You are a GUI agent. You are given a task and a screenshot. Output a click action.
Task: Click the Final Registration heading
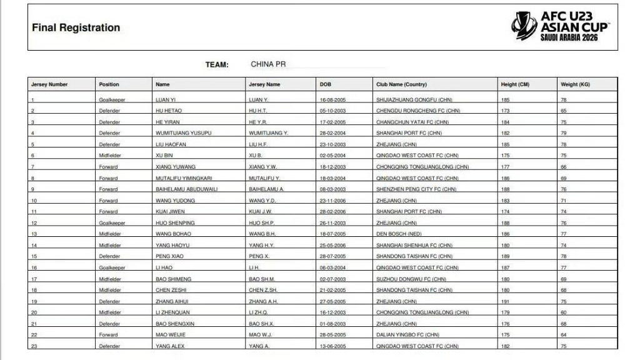click(76, 27)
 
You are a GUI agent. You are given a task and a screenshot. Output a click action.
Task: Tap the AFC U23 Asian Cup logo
click(559, 27)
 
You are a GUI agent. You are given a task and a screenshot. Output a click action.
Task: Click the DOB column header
click(326, 84)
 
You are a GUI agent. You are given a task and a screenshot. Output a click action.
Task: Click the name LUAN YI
click(166, 100)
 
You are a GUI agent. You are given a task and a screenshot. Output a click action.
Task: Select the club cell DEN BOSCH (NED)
click(399, 234)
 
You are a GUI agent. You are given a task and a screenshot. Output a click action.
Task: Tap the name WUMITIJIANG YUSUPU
click(183, 133)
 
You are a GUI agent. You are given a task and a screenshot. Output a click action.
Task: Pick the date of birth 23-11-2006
click(332, 201)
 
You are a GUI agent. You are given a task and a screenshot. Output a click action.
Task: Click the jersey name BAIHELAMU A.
click(266, 189)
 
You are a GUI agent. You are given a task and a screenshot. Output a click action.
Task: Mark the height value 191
click(505, 301)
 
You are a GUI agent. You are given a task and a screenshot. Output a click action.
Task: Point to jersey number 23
click(34, 346)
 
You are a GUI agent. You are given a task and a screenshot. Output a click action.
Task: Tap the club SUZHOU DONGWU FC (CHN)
click(411, 279)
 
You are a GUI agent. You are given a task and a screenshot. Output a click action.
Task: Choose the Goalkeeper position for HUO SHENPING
click(112, 223)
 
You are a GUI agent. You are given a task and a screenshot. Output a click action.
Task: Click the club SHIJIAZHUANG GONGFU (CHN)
click(414, 100)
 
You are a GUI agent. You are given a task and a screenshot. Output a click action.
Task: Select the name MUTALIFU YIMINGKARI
click(184, 178)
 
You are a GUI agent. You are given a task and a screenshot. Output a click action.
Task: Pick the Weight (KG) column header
click(575, 84)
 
